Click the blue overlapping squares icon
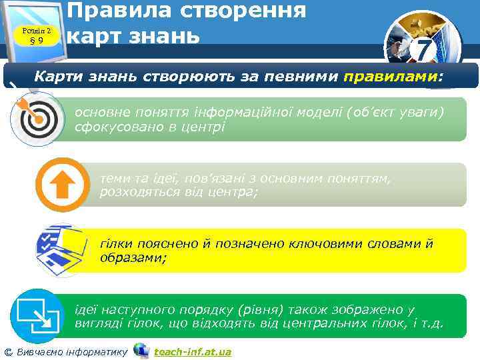(37, 313)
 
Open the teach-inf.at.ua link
(192, 351)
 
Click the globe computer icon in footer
(141, 350)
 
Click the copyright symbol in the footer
(8, 351)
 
